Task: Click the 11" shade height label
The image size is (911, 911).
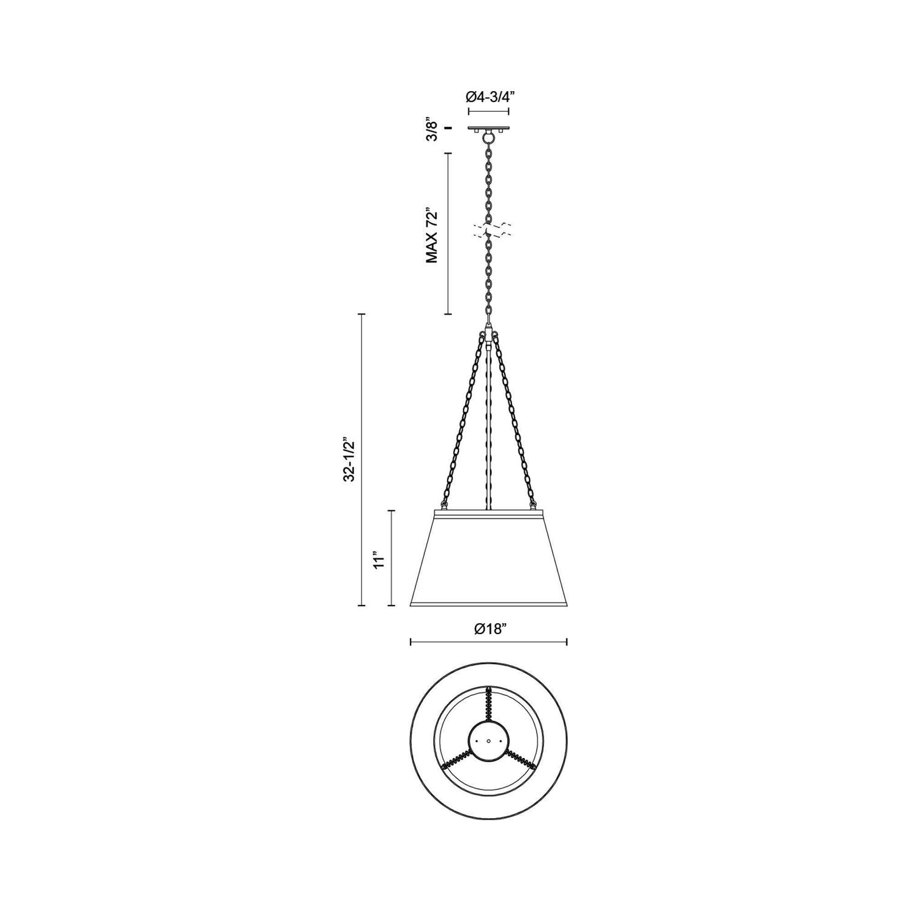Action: click(x=380, y=559)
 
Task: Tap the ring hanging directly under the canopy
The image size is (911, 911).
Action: click(x=489, y=139)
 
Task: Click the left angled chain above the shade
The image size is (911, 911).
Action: click(x=466, y=419)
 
